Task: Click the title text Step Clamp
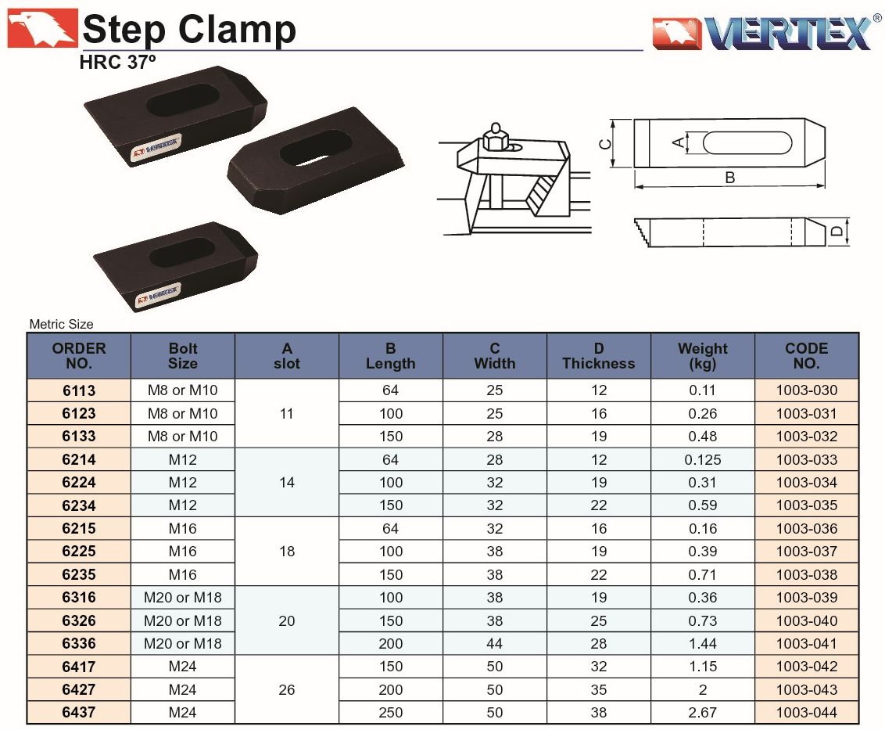click(189, 29)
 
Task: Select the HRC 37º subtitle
click(117, 62)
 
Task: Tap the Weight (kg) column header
click(703, 355)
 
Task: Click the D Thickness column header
click(599, 355)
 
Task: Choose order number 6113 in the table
click(79, 390)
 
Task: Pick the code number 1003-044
click(807, 713)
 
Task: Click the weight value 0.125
click(703, 459)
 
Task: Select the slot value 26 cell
click(287, 689)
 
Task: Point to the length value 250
click(391, 713)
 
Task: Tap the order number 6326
click(79, 620)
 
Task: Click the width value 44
click(494, 644)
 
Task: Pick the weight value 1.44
click(703, 644)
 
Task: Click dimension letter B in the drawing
click(729, 178)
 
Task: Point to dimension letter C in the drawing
click(604, 144)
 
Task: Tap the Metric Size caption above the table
click(61, 325)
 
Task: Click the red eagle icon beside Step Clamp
click(42, 28)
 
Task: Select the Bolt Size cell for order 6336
click(183, 644)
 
